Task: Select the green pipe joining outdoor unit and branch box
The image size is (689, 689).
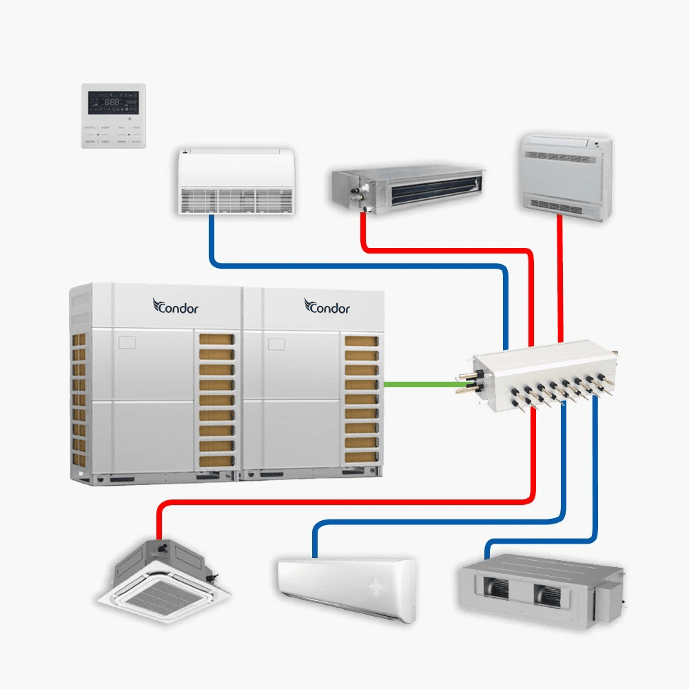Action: point(417,384)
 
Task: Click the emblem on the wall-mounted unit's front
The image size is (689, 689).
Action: point(376,586)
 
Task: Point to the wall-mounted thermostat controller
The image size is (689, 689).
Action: point(114,116)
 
